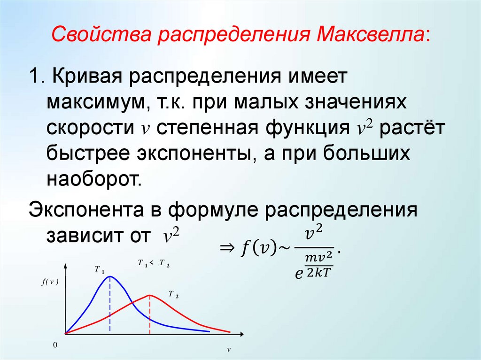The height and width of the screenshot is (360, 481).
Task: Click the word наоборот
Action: [93, 178]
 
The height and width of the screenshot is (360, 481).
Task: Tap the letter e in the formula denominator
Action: [298, 274]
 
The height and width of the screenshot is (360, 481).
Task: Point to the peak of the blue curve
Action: [110, 276]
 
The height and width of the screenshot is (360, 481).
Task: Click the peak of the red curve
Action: [150, 295]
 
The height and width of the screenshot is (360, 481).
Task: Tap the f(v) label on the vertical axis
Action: [49, 282]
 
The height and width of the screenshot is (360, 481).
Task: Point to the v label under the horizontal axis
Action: [229, 350]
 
